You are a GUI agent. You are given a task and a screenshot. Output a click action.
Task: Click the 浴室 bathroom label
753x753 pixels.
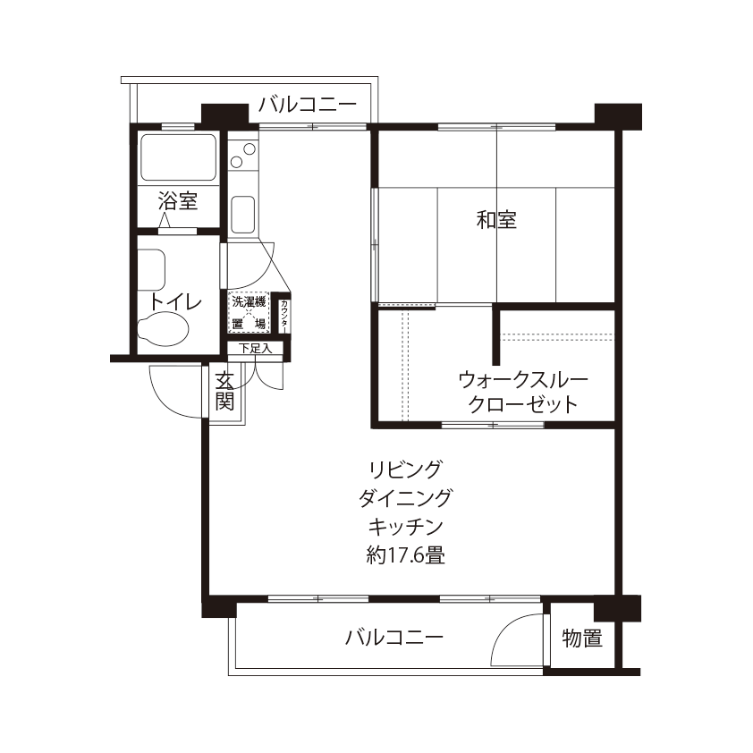tap(178, 201)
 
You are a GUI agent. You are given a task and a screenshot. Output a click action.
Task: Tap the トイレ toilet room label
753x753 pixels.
tap(174, 302)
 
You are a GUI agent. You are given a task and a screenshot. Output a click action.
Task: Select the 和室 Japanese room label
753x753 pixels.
tap(496, 219)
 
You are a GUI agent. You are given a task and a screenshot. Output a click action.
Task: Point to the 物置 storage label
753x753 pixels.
tap(582, 639)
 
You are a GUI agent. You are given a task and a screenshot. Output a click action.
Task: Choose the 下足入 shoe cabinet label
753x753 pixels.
tap(255, 348)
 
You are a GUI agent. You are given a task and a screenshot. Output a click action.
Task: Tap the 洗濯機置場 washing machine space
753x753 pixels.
tap(249, 313)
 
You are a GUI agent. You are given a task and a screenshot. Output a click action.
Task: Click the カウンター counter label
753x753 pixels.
tap(284, 317)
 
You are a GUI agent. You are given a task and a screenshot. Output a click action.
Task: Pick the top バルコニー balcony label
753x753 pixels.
tap(308, 105)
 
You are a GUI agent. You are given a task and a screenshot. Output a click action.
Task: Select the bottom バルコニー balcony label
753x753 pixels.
tap(393, 638)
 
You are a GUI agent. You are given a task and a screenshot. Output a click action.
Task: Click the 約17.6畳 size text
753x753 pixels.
tap(405, 555)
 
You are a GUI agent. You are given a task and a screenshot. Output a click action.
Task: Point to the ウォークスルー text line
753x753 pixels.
tap(523, 380)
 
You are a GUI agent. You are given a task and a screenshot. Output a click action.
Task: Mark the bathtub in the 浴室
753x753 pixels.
tap(177, 157)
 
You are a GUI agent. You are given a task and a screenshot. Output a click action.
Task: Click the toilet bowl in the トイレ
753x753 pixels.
tap(163, 327)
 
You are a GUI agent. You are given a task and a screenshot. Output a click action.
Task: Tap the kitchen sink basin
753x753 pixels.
tap(243, 214)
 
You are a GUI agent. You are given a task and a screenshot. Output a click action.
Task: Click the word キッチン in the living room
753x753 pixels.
tap(405, 527)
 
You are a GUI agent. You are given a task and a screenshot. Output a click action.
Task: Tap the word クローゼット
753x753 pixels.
tap(523, 404)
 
